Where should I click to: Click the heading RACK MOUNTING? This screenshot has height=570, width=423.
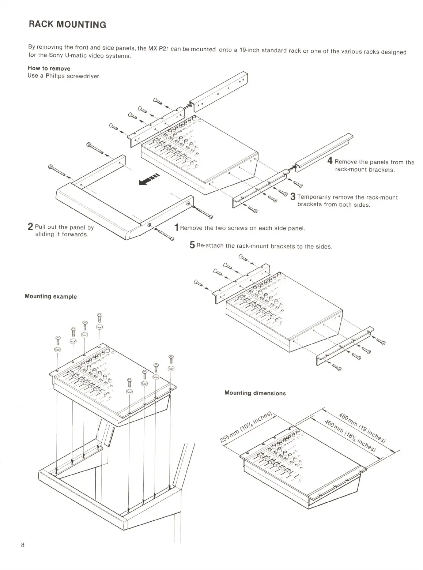click(67, 25)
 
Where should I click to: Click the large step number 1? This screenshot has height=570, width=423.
click(176, 228)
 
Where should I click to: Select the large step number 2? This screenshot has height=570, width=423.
click(31, 227)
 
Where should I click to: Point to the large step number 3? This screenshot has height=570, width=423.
click(293, 197)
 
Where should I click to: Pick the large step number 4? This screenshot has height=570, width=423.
click(330, 161)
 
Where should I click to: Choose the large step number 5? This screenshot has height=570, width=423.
click(192, 245)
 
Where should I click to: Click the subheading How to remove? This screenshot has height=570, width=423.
click(49, 68)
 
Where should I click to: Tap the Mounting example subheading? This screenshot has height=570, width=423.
click(51, 296)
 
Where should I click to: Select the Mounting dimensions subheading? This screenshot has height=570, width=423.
click(255, 393)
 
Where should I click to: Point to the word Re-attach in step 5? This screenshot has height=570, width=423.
click(210, 245)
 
